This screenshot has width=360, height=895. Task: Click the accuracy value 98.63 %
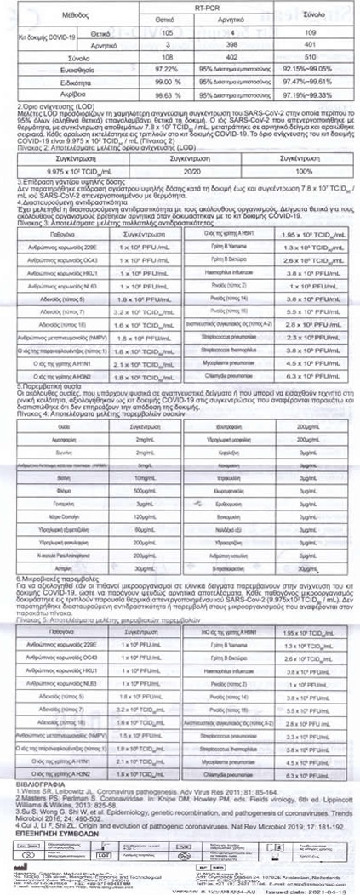point(159,102)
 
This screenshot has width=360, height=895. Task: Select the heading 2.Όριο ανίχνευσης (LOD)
point(52,117)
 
